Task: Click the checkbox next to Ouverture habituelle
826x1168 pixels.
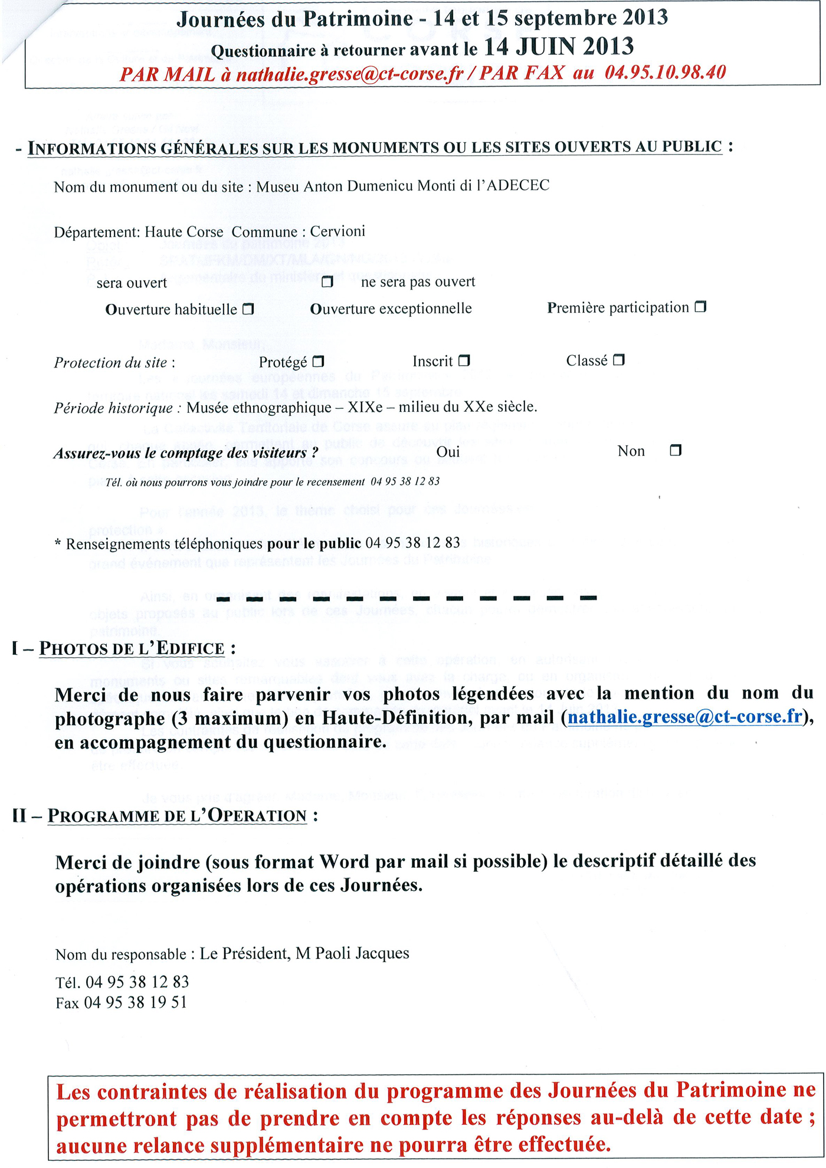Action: [248, 309]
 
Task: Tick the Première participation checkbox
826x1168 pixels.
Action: [700, 307]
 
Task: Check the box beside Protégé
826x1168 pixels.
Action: [318, 360]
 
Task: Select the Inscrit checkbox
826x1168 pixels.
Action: [464, 360]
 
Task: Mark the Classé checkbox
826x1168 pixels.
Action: [618, 359]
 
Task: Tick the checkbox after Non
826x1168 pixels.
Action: [676, 450]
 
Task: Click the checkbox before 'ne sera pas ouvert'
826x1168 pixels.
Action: [327, 281]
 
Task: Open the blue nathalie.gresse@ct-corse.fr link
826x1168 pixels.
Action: [684, 717]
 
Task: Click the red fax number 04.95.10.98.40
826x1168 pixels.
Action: [665, 73]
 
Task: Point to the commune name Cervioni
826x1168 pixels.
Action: [337, 231]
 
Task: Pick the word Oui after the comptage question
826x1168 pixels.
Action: [448, 452]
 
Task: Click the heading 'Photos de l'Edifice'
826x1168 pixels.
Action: [132, 648]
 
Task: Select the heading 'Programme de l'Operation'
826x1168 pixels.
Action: [176, 816]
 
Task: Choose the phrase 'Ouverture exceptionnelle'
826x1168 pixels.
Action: [391, 309]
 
